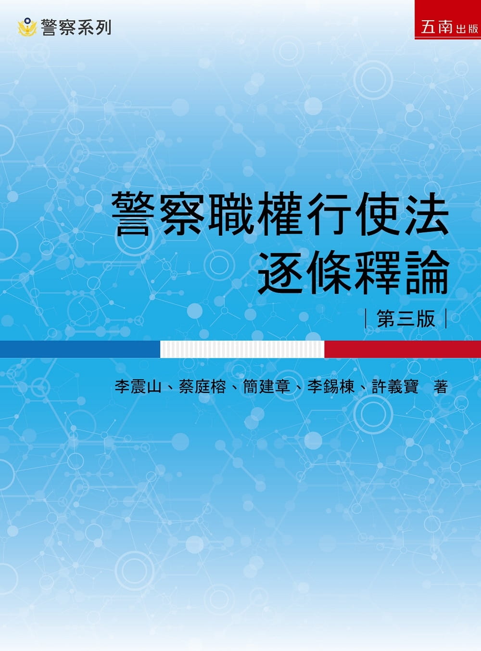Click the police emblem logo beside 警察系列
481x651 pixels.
(27, 27)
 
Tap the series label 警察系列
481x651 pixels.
(76, 27)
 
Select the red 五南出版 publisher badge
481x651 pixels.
(447, 19)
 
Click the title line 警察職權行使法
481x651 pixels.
(280, 214)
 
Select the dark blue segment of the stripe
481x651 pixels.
(80, 349)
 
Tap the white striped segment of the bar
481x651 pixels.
(242, 349)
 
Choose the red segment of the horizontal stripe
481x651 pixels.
(403, 349)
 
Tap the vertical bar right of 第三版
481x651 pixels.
(446, 319)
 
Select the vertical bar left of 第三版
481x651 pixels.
(366, 319)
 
